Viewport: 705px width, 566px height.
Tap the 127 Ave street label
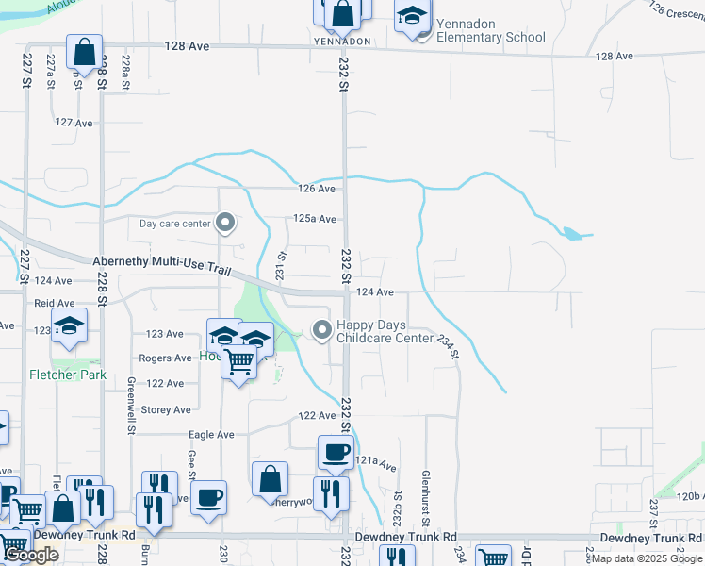pos(74,123)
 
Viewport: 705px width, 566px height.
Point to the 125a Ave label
pos(314,219)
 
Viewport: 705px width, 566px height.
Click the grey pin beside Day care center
pos(224,224)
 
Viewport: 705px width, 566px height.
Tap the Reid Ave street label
pos(54,304)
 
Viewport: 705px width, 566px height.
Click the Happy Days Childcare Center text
pos(385,331)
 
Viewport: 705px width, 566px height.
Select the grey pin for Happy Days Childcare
pos(322,330)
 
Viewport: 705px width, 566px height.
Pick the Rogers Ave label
pos(165,358)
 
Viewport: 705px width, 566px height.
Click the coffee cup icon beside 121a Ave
pos(335,453)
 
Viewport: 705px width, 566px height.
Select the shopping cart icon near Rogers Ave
pos(239,361)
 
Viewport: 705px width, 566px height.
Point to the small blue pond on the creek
pos(570,233)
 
